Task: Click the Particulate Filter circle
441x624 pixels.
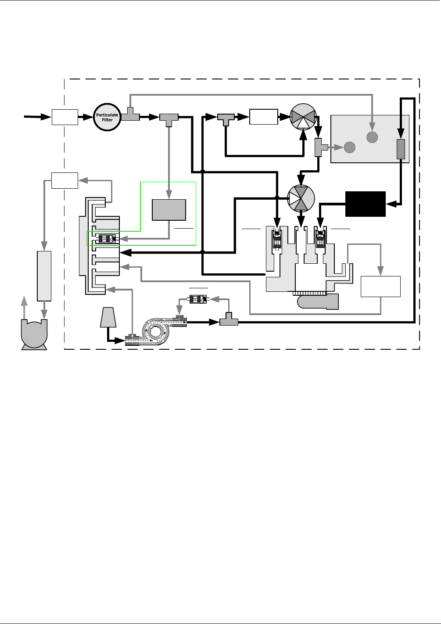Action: (107, 117)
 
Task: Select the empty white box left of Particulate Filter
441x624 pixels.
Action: (65, 117)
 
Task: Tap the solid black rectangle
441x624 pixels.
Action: (365, 204)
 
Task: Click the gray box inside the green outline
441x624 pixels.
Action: (169, 209)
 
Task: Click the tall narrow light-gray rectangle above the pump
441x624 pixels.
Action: (44, 276)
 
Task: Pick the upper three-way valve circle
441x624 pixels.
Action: (303, 117)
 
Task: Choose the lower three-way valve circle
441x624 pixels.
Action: (301, 199)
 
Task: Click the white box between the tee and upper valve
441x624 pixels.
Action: (263, 117)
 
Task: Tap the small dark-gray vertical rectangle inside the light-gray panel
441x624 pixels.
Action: (401, 149)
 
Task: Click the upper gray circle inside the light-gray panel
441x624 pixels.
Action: (372, 137)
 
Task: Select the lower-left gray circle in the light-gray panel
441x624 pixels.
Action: (350, 147)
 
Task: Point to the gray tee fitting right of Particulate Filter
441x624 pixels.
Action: (130, 115)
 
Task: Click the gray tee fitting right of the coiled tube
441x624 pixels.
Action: (229, 320)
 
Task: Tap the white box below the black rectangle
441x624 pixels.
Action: (380, 287)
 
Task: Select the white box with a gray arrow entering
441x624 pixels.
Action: (65, 180)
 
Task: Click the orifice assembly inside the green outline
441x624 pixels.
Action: (107, 239)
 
